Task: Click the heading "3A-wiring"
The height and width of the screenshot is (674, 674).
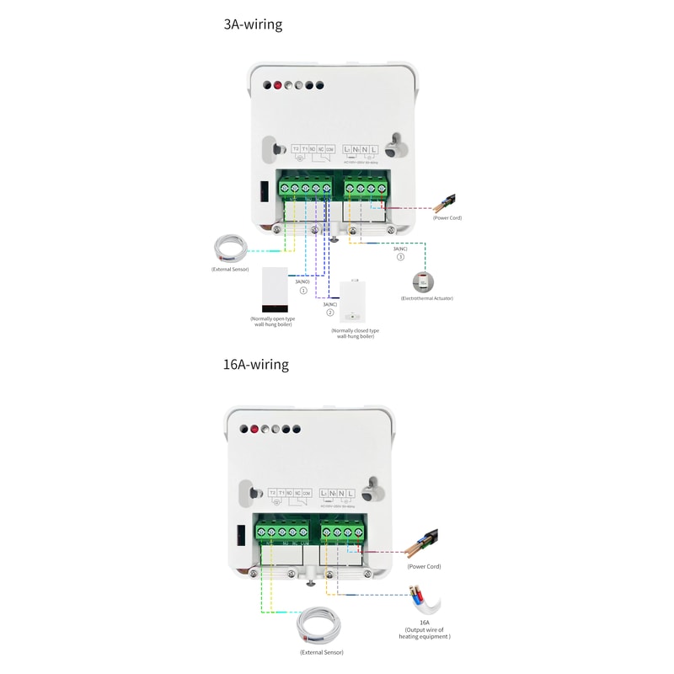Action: [x=253, y=24]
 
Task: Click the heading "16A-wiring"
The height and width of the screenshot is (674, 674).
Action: [x=256, y=365]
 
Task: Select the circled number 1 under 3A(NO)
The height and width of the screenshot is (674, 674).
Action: [x=303, y=291]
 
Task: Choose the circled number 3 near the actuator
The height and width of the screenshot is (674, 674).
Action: [x=400, y=258]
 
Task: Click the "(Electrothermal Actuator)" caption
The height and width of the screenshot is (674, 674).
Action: [x=426, y=298]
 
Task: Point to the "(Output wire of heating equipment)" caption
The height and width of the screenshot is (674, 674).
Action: [x=425, y=633]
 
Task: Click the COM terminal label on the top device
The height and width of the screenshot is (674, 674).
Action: [x=329, y=149]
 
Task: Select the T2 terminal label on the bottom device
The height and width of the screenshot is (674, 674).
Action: [x=272, y=492]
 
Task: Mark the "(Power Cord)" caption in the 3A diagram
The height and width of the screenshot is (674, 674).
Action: [x=447, y=217]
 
